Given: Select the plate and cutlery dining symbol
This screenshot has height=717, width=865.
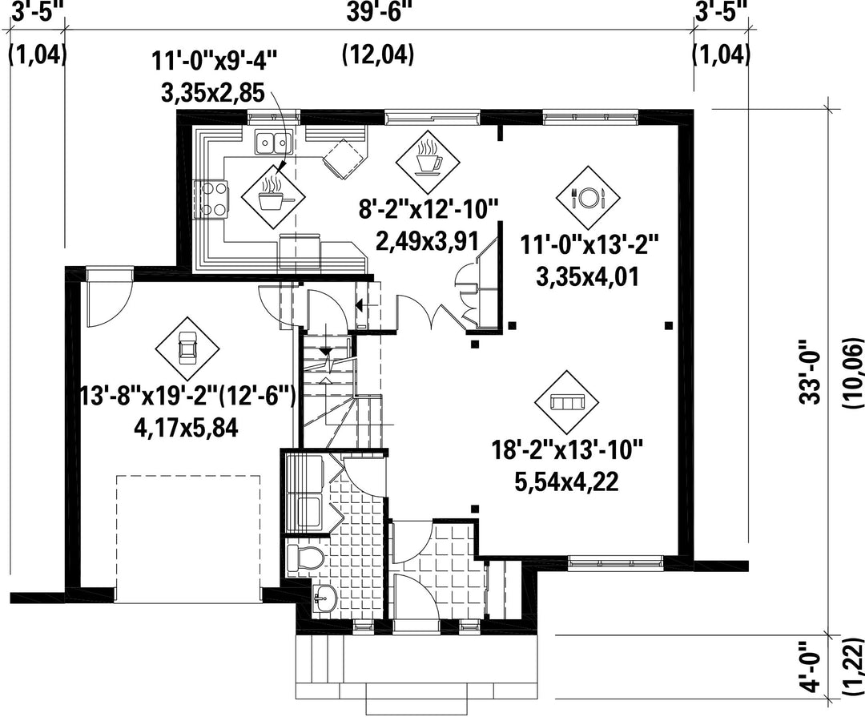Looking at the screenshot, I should [589, 197].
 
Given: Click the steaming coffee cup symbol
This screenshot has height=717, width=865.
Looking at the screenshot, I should [428, 159].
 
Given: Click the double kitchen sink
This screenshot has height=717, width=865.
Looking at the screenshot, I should [273, 143].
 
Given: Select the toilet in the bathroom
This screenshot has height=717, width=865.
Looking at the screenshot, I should [304, 557].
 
